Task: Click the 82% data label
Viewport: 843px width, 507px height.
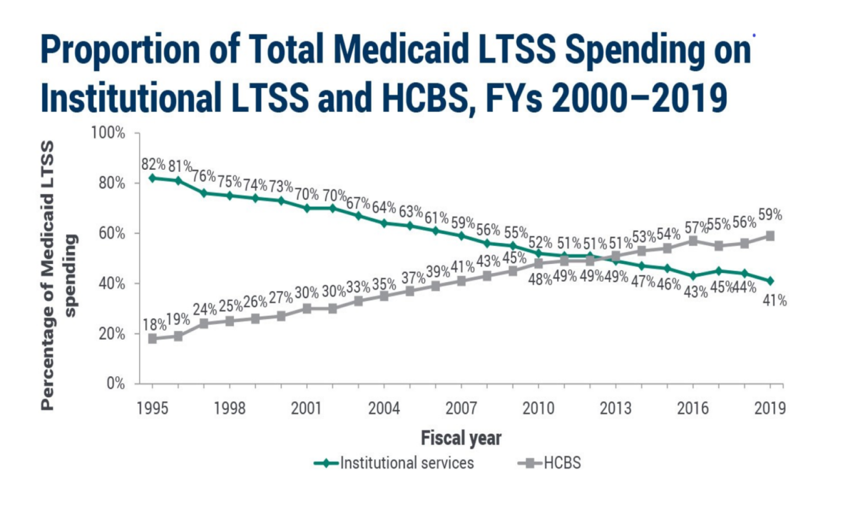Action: click(153, 165)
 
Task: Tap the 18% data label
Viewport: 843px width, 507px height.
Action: click(155, 325)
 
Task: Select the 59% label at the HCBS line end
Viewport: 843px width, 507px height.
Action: click(770, 215)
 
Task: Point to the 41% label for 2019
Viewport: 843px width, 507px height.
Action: click(775, 301)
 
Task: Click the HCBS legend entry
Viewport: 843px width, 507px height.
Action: click(562, 463)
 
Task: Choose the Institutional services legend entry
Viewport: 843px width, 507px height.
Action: click(407, 463)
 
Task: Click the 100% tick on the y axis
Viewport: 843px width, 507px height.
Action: click(108, 133)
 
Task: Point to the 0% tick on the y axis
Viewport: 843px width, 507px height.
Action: click(115, 384)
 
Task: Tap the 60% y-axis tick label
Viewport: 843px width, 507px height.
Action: click(112, 233)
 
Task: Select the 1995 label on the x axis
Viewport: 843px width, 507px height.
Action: click(152, 408)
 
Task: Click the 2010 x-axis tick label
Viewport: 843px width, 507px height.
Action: click(538, 408)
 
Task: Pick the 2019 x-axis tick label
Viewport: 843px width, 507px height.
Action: click(770, 408)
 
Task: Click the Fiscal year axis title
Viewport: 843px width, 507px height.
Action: click(461, 438)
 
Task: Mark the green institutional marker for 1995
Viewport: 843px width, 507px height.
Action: click(152, 178)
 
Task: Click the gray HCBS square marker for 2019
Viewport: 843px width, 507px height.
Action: click(770, 236)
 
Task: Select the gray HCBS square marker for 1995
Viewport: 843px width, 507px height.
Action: click(152, 338)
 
